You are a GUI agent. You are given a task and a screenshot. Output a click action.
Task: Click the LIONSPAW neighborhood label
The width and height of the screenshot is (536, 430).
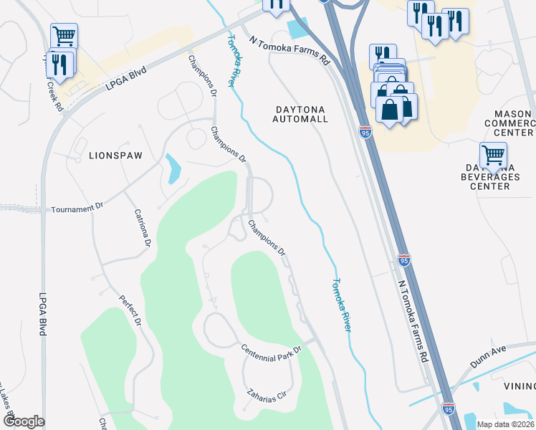click(x=116, y=155)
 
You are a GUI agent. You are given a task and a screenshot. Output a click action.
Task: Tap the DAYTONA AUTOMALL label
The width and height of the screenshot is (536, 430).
click(x=301, y=114)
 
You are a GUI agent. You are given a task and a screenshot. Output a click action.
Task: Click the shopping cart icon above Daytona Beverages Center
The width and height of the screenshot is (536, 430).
click(x=493, y=154)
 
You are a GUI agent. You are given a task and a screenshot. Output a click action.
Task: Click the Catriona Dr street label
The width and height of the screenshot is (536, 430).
click(x=142, y=229)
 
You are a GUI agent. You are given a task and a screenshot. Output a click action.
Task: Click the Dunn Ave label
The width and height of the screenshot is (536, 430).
click(x=488, y=355)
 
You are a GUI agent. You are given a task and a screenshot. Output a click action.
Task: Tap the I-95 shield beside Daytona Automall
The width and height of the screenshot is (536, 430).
click(x=365, y=133)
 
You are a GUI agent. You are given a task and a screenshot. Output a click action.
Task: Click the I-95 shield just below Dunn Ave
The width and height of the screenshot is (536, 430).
click(x=448, y=408)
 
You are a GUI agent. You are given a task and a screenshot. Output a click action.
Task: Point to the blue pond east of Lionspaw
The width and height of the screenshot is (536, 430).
click(x=173, y=169)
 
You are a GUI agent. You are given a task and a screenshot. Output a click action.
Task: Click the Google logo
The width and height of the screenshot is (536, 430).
click(x=24, y=421)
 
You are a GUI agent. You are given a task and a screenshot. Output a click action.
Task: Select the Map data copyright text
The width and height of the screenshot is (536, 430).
click(x=505, y=424)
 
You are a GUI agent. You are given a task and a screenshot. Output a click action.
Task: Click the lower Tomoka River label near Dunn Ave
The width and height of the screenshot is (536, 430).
click(x=342, y=305)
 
